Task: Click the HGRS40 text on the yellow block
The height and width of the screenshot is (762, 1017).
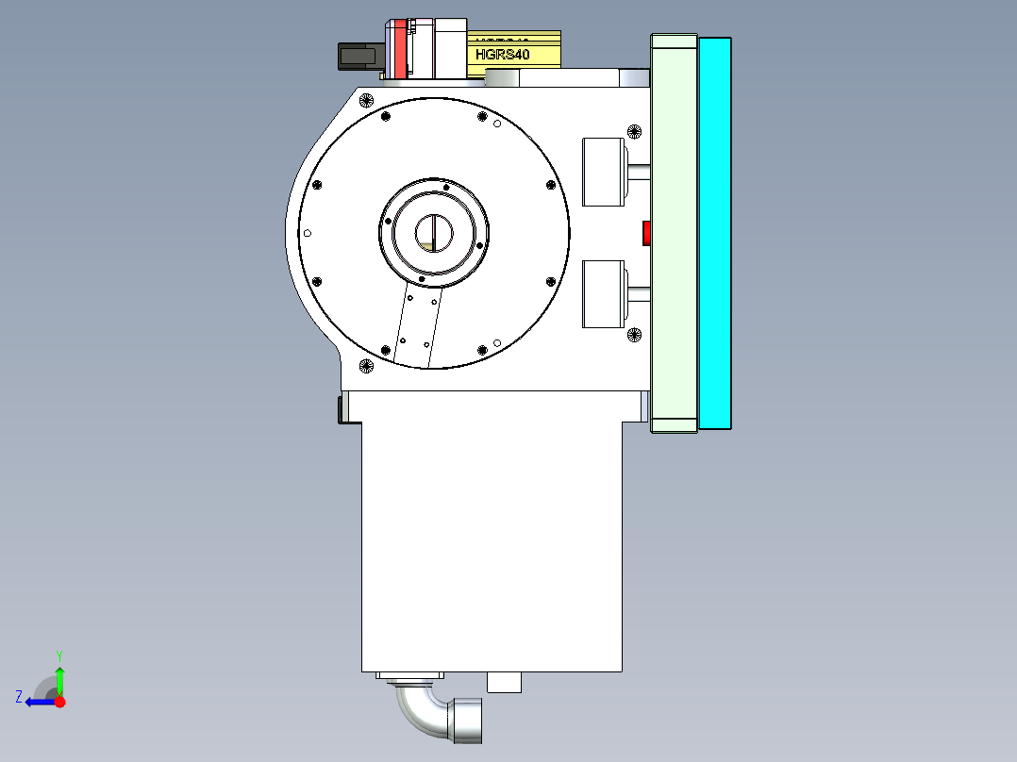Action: [503, 55]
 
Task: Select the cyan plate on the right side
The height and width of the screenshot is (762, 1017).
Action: [715, 233]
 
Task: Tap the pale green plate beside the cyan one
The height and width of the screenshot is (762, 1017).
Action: [674, 233]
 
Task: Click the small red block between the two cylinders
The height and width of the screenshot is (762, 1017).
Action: [646, 233]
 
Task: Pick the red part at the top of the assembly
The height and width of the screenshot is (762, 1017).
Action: [400, 49]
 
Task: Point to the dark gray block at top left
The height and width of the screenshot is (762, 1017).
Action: [358, 57]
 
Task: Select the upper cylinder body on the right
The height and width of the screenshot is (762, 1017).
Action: [604, 172]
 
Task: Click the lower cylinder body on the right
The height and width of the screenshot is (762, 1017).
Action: [604, 294]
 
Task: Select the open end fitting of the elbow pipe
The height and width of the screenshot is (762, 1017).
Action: [468, 720]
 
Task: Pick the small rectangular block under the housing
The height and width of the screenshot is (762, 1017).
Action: [504, 682]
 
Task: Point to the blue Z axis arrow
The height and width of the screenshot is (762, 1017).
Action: [39, 702]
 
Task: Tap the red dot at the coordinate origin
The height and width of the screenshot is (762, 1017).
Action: [59, 702]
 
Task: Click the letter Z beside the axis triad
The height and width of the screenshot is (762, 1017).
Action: [19, 696]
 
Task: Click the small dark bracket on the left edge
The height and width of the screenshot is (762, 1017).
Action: [341, 409]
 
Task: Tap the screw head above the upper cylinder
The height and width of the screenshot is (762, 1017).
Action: [634, 131]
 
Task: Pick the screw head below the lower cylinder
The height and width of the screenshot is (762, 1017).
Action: [634, 334]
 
